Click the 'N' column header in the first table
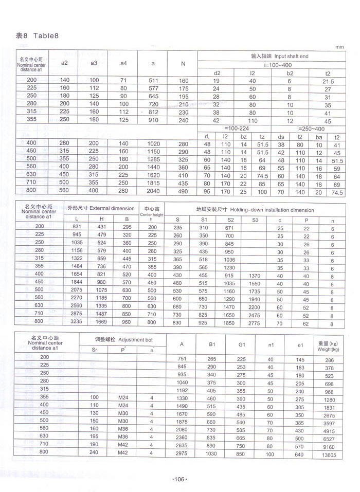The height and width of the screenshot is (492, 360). pos(183,64)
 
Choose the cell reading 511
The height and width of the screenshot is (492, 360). pos(153,81)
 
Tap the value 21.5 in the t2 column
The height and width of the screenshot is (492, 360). pos(328,81)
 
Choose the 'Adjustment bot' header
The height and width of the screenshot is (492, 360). pos(121,340)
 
